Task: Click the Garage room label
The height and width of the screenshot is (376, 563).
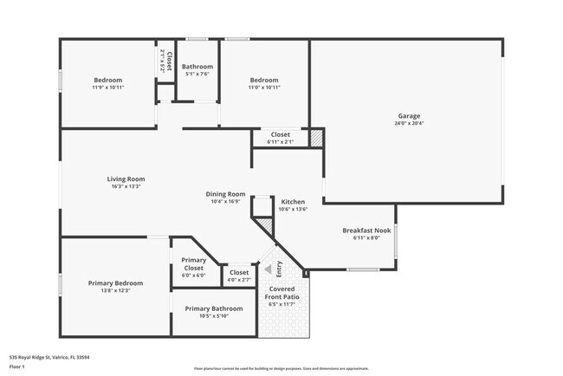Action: tap(409, 116)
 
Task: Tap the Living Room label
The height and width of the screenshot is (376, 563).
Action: tap(126, 179)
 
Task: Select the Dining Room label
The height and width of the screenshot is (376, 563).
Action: tap(225, 194)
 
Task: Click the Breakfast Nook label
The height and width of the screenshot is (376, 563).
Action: tap(366, 230)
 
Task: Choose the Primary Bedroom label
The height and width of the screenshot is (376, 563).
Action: tap(115, 283)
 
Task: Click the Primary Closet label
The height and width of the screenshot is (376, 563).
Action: tap(194, 264)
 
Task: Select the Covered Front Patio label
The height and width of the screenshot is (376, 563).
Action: tap(282, 293)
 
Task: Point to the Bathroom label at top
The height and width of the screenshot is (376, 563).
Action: tap(197, 67)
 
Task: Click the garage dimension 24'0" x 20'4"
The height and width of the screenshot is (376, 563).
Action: tap(409, 123)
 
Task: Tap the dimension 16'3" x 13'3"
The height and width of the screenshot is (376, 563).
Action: tap(126, 186)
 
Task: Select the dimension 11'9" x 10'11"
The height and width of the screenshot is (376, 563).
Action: tap(108, 88)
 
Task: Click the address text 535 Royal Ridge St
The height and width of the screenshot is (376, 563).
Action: tap(49, 357)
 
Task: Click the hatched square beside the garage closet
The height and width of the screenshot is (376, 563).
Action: tap(317, 138)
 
